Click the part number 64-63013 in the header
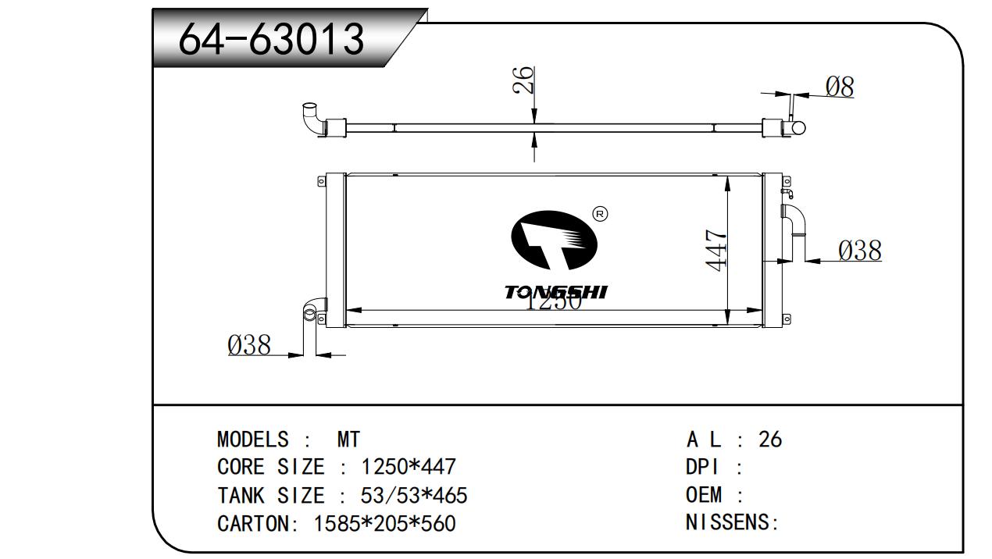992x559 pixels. point(271,39)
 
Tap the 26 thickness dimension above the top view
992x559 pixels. point(523,80)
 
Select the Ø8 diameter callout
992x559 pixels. point(840,87)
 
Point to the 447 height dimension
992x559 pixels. point(716,250)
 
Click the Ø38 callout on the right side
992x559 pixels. point(859,251)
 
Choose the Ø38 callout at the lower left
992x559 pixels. point(249,345)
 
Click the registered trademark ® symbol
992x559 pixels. point(600,214)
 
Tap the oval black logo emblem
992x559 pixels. point(554,240)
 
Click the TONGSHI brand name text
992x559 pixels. point(556,292)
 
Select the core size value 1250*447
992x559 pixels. point(409,467)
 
